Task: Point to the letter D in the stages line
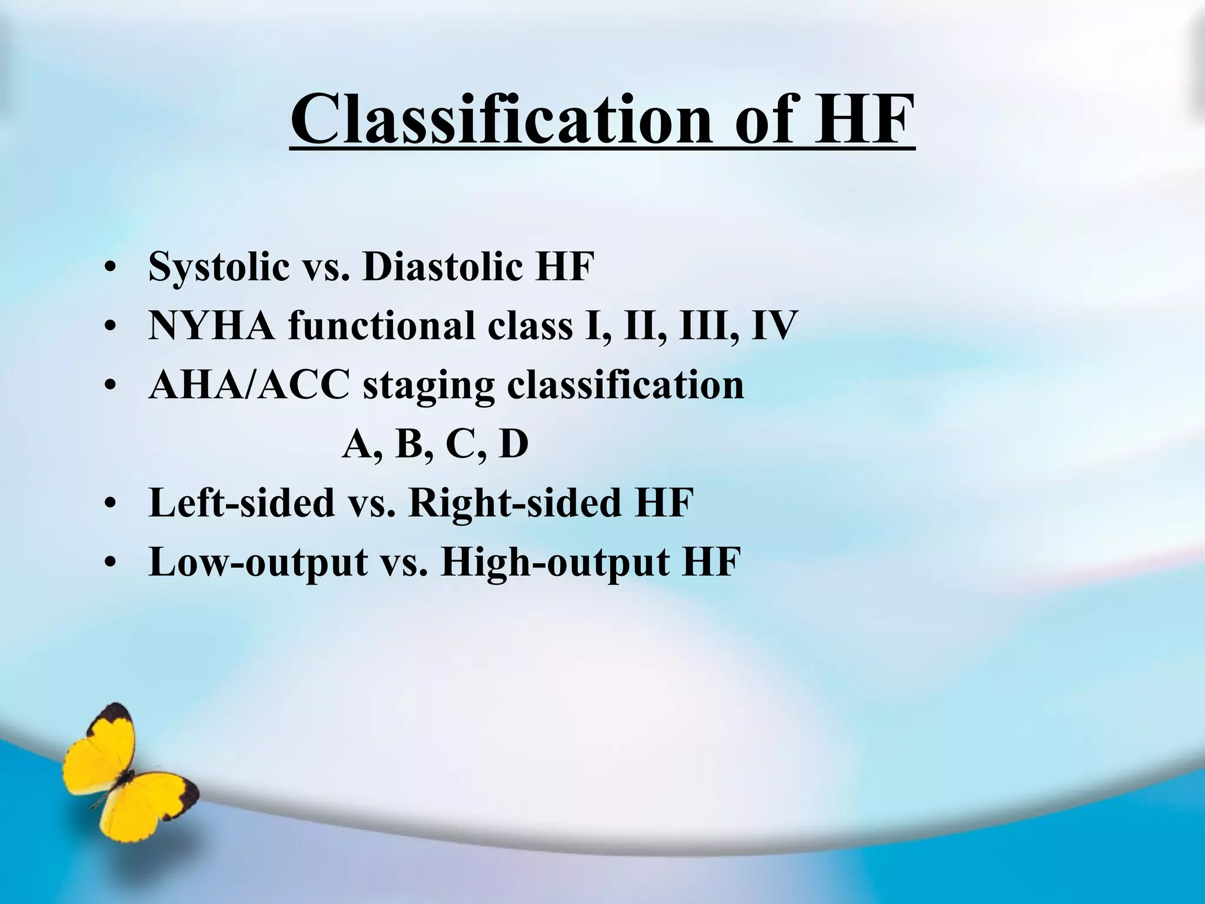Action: pyautogui.click(x=514, y=444)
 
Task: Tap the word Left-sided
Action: pyautogui.click(x=241, y=503)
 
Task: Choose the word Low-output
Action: pyautogui.click(x=258, y=563)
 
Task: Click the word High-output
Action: pyautogui.click(x=553, y=563)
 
